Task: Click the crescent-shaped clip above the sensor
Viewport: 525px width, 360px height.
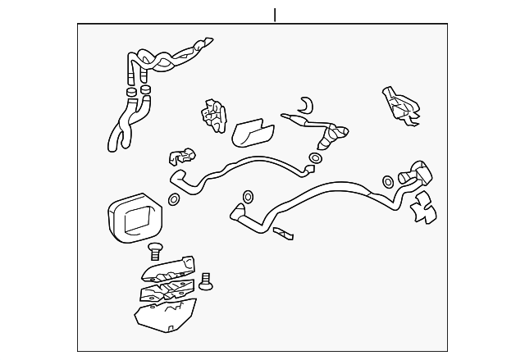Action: point(306,104)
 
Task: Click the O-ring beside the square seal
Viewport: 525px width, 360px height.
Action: point(175,199)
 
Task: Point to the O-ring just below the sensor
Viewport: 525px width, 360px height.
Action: point(316,157)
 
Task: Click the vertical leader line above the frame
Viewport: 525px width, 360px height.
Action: point(275,15)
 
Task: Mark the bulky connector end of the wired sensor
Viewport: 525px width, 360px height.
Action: point(338,133)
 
